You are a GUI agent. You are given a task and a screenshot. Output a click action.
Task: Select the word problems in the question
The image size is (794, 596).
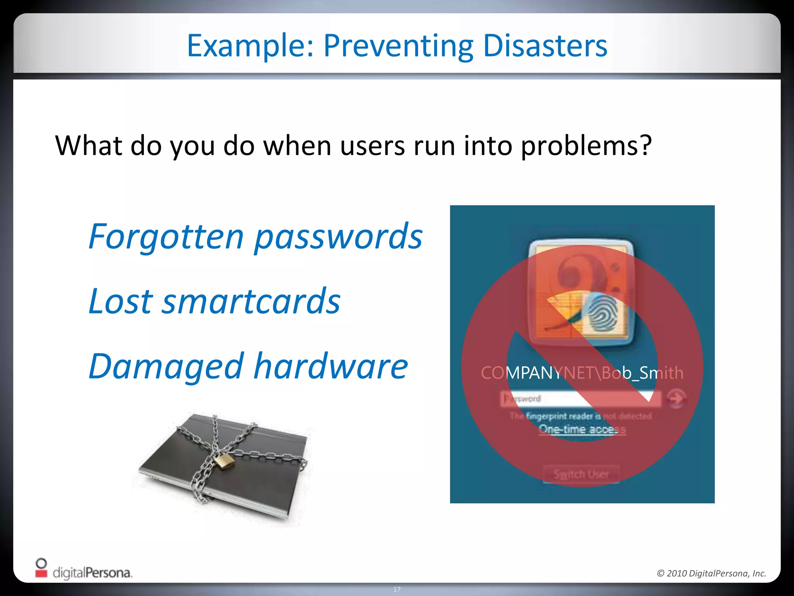[x=585, y=146]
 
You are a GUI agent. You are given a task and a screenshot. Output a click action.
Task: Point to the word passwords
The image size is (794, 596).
[x=338, y=237]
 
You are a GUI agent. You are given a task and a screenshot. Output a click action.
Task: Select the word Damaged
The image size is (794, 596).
[x=166, y=367]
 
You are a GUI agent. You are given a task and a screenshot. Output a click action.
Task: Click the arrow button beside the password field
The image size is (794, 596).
[x=676, y=398]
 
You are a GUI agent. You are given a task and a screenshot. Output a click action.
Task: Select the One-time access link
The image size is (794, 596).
[x=582, y=430]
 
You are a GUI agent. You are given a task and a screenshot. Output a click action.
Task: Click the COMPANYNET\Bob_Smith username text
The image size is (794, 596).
[x=582, y=373]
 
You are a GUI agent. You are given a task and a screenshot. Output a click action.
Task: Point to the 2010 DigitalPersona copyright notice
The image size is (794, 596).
[x=711, y=573]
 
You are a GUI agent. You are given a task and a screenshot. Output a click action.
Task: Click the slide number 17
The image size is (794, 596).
[x=397, y=589]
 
